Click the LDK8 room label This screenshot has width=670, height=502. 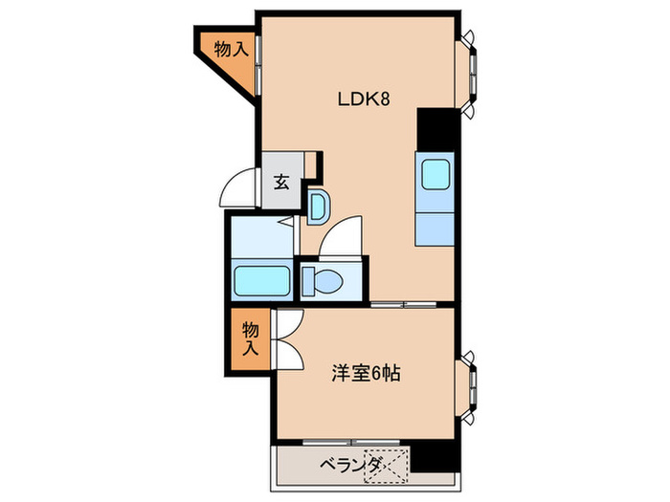(362, 98)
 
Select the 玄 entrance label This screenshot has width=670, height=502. (281, 183)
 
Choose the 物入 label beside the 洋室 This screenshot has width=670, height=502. (251, 339)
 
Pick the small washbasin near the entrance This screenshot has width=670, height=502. (319, 204)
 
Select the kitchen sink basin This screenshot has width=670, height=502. (435, 175)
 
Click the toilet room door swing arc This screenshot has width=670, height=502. (342, 237)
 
